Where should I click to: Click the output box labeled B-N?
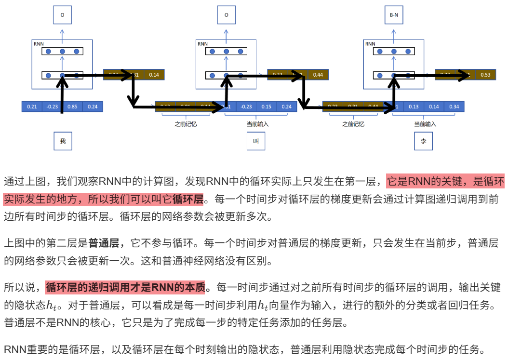pyautogui.click(x=394, y=15)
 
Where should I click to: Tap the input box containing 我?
pyautogui.click(x=63, y=141)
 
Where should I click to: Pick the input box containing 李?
pyautogui.click(x=423, y=141)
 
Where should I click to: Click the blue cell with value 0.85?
pyautogui.click(x=73, y=107)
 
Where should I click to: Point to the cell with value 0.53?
pyautogui.click(x=485, y=75)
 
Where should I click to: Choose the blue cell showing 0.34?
pyautogui.click(x=453, y=107)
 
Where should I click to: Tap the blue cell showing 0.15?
pyautogui.click(x=266, y=107)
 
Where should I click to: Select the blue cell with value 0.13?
pyautogui.click(x=414, y=107)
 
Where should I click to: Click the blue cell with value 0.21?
pyautogui.click(x=32, y=107)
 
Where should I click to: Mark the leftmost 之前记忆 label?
pyautogui.click(x=186, y=124)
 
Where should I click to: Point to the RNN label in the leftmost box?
pyautogui.click(x=39, y=44)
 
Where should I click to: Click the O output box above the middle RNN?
pyautogui.click(x=226, y=15)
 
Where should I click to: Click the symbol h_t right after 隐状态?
pyautogui.click(x=54, y=306)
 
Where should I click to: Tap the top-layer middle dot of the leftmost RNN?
pyautogui.click(x=62, y=51)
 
